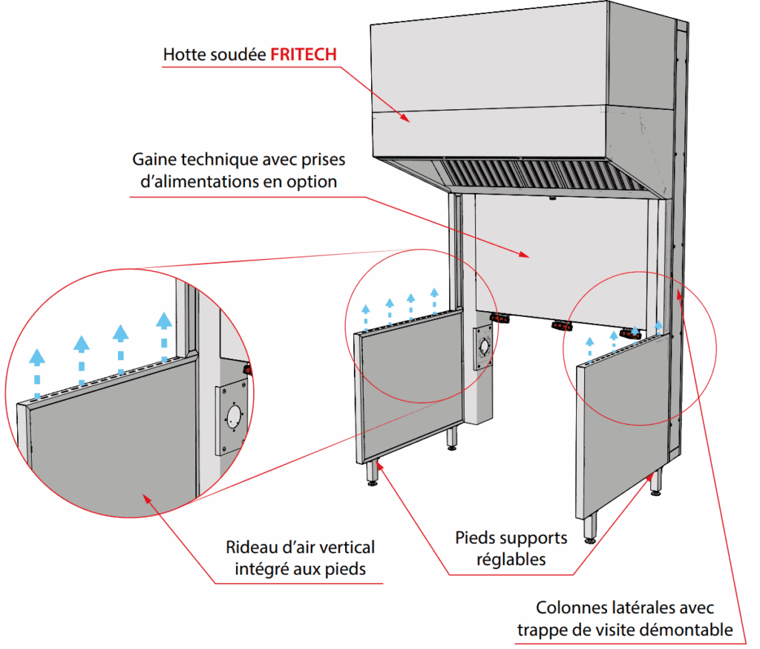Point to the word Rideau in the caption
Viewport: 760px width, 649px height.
(x=249, y=548)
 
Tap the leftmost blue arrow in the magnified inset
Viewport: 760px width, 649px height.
(x=36, y=364)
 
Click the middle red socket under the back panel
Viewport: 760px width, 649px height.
(x=562, y=325)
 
